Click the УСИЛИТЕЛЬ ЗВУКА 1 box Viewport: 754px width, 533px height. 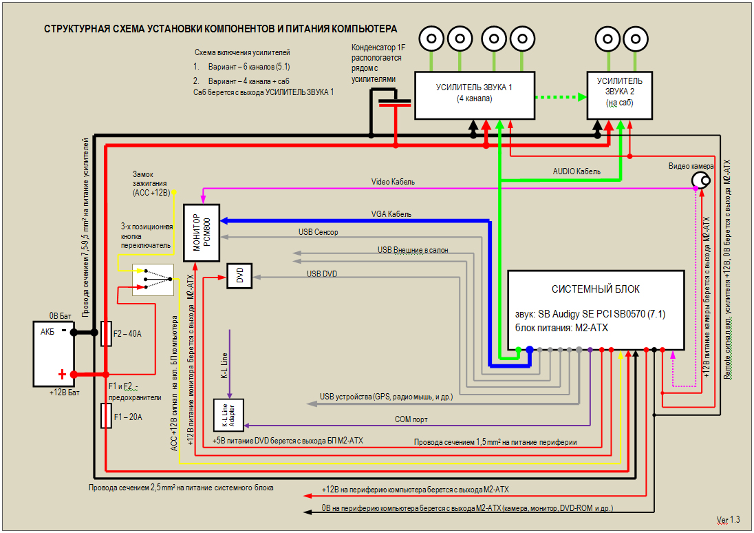(x=475, y=94)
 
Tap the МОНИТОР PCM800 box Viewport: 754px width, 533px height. (x=201, y=232)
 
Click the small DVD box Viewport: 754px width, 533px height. (x=239, y=276)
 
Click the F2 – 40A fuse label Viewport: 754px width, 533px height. (x=127, y=334)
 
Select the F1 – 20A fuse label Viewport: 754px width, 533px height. (x=127, y=417)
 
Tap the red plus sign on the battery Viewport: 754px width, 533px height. (x=62, y=375)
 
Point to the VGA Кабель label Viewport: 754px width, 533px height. (x=391, y=214)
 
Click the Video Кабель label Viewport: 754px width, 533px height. (x=394, y=182)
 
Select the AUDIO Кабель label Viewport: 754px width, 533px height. (x=577, y=171)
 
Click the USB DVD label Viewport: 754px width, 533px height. (x=322, y=274)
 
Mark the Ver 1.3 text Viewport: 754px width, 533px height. (x=728, y=519)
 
